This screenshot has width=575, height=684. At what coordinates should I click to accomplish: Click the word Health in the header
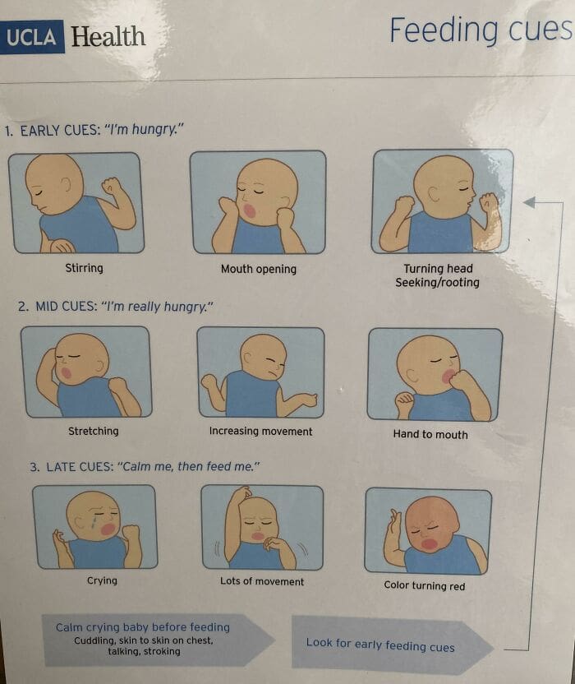pos(108,37)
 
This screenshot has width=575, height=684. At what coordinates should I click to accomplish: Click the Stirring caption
pos(84,268)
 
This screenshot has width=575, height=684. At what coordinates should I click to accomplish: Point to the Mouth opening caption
pos(258,269)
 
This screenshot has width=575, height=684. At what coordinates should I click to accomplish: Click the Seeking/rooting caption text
pos(437,282)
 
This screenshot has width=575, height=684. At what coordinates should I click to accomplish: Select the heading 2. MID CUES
pos(115,307)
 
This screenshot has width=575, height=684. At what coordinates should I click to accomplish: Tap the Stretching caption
pos(93,431)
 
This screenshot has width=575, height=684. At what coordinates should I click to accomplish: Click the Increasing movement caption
pos(260,431)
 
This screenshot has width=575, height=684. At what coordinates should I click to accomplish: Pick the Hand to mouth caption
pos(430,434)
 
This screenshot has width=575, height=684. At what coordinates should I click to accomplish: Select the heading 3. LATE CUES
pos(145,466)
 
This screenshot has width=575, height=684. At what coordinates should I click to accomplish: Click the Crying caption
pos(102,580)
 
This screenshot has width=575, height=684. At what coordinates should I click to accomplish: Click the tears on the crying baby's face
pos(93,523)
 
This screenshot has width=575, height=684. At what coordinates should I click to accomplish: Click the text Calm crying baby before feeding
pos(142,627)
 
